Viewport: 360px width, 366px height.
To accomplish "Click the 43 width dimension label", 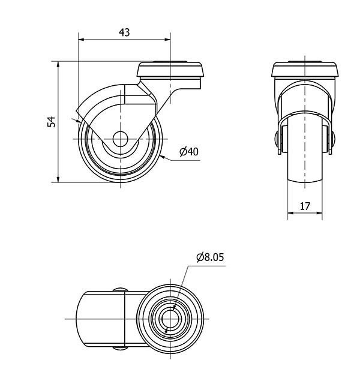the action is click(124, 32).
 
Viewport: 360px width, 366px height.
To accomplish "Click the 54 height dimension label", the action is click(52, 121).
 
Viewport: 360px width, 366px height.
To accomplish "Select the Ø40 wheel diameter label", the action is click(189, 152).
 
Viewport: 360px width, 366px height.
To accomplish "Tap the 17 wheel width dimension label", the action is click(305, 206).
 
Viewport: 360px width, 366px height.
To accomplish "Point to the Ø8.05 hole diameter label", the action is click(210, 257).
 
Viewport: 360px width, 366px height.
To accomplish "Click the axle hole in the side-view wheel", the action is click(120, 139).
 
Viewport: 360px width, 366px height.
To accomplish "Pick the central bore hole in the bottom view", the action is click(170, 319).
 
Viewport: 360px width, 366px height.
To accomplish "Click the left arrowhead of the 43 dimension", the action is click(81, 40).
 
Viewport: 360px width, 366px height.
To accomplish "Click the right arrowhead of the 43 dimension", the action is click(167, 40).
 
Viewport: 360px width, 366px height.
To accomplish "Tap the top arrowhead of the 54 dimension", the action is click(58, 64).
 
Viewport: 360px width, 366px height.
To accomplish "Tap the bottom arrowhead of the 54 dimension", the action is click(58, 179).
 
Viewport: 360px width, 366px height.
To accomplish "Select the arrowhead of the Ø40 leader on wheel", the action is click(163, 157).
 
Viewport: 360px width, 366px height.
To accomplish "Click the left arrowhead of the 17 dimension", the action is click(290, 213).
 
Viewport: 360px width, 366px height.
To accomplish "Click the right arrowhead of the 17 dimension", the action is click(319, 213).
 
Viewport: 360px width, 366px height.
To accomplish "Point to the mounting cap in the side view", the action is click(170, 69).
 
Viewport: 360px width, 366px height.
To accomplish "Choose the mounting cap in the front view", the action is click(305, 69).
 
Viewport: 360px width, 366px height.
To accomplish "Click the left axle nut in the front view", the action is click(277, 138).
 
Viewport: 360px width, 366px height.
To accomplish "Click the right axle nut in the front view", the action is click(333, 138).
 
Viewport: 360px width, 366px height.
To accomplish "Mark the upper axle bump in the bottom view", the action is click(120, 290).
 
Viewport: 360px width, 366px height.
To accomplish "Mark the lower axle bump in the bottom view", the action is click(120, 349).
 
